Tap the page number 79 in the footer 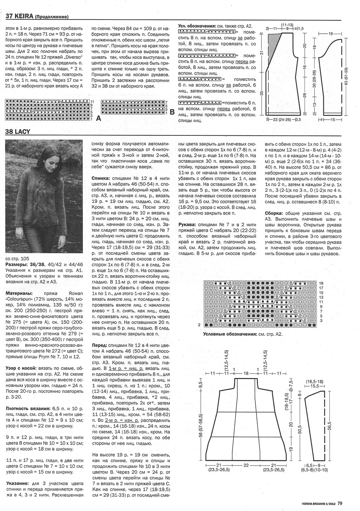tap(339, 504)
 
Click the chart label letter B tap(172, 112)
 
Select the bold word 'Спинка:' tap(101, 178)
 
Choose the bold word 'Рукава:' tap(188, 225)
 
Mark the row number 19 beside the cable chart tap(321, 283)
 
